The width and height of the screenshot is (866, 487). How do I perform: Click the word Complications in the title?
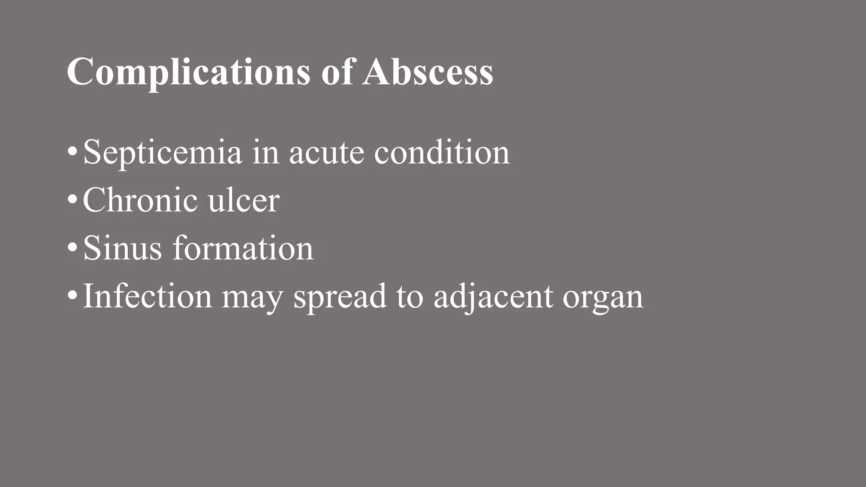(188, 73)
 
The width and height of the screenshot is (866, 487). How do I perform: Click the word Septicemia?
(162, 153)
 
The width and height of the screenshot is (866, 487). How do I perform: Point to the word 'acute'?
(326, 153)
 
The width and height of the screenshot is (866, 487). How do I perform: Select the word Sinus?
(122, 248)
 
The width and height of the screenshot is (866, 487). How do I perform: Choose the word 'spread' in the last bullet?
(340, 297)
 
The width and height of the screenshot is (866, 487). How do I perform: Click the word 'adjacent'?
(493, 297)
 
